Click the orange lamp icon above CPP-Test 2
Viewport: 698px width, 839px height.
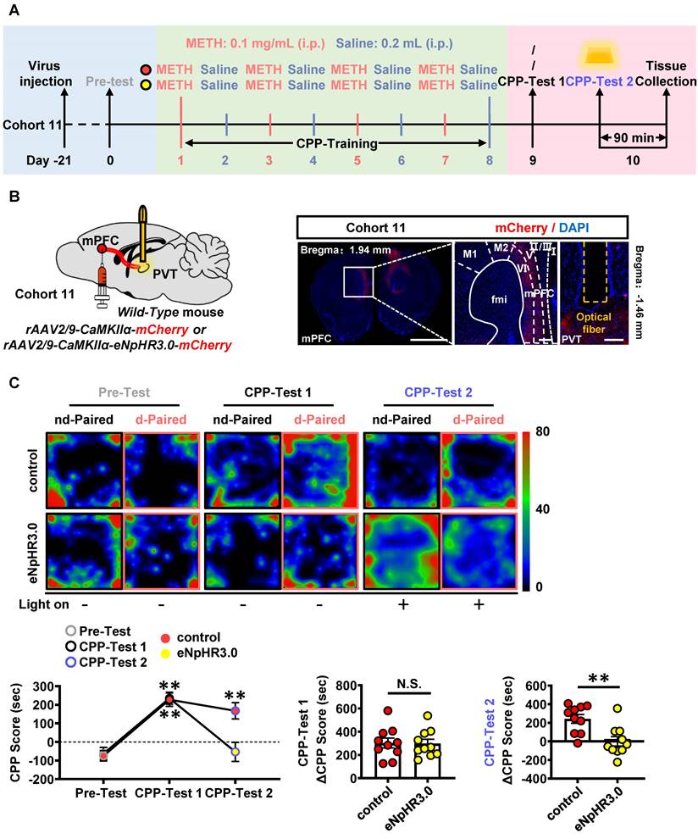tap(601, 56)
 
